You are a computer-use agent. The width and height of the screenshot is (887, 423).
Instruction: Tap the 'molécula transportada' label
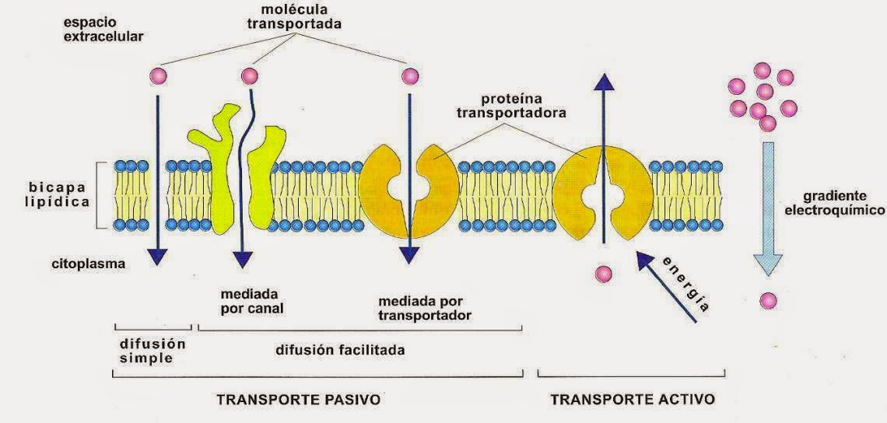click(x=294, y=16)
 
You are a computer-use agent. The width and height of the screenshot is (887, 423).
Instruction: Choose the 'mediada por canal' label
click(x=251, y=301)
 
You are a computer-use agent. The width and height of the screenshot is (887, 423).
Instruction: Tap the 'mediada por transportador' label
click(x=425, y=308)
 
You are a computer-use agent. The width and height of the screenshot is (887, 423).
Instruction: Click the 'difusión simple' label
click(x=153, y=351)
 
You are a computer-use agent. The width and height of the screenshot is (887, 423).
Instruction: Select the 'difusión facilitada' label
click(x=340, y=350)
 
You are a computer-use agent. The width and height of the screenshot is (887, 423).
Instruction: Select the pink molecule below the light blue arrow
click(x=768, y=300)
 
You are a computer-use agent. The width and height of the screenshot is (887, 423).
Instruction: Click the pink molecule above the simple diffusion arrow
click(x=158, y=76)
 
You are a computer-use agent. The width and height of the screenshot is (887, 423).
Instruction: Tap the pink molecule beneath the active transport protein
click(x=602, y=274)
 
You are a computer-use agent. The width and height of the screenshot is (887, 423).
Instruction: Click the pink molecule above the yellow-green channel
click(x=250, y=76)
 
